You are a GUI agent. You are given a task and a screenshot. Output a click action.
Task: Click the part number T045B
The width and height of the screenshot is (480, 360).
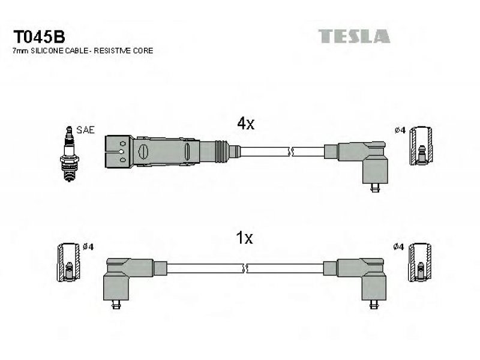(39, 37)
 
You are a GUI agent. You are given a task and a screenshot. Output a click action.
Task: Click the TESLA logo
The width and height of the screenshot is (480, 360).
(354, 36)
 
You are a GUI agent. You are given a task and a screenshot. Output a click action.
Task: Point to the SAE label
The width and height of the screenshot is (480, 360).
(85, 130)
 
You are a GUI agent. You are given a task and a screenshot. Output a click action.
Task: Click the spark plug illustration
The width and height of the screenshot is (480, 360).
(69, 154)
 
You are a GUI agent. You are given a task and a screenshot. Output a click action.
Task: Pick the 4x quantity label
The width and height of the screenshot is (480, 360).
(245, 124)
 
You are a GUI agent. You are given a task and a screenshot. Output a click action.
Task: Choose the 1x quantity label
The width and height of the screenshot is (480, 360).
(245, 238)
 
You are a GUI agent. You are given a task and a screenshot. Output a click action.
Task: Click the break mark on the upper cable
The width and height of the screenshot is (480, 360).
(291, 151)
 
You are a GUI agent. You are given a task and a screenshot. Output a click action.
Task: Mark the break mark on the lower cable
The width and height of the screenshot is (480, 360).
(245, 269)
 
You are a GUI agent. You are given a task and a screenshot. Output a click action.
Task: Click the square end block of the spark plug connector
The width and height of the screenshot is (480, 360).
(119, 152)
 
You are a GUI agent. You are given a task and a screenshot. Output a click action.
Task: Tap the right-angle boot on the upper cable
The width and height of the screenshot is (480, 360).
(363, 162)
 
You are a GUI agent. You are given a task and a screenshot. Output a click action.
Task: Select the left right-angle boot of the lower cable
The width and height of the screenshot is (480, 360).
(122, 278)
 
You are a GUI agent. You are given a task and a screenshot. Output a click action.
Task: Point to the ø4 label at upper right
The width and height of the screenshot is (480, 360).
(400, 130)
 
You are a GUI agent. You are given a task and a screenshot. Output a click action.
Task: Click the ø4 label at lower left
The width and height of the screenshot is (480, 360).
(88, 247)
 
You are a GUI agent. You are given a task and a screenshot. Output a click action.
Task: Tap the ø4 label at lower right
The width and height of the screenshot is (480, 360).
(398, 247)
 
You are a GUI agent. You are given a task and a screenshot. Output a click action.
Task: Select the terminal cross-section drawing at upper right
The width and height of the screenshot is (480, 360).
(421, 146)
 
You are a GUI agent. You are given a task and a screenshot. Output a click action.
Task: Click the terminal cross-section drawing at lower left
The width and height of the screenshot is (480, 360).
(68, 262)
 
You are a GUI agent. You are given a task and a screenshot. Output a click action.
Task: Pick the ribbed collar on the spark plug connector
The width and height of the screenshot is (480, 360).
(221, 152)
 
